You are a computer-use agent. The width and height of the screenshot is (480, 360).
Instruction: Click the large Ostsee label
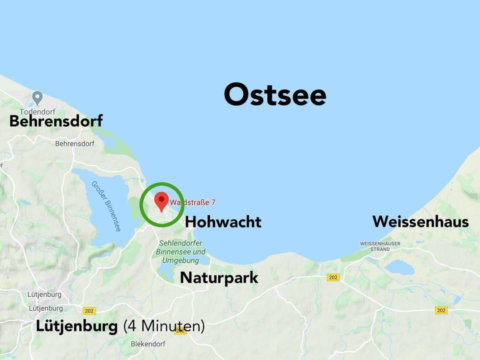click(x=275, y=94)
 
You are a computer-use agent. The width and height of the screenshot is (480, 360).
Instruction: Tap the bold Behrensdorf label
click(x=56, y=121)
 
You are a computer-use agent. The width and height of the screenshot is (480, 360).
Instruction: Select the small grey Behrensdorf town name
click(x=74, y=143)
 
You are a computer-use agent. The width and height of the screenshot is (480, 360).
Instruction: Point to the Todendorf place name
click(x=37, y=111)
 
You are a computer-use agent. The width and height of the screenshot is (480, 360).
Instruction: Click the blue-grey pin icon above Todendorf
click(x=37, y=96)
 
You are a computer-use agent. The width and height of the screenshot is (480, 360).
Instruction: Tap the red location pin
click(x=161, y=201)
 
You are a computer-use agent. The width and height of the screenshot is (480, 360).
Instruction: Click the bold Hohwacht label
click(x=223, y=221)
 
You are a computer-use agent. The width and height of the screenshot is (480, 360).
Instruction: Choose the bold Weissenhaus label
click(x=420, y=221)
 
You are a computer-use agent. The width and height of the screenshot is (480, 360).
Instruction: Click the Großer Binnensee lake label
click(x=106, y=205)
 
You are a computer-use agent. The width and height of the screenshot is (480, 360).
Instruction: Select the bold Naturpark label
click(x=219, y=277)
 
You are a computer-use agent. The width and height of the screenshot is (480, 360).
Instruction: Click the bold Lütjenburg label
click(x=76, y=326)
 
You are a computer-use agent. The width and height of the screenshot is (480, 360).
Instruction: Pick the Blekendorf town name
click(x=147, y=344)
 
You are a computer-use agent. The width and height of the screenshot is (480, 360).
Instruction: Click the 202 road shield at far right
click(x=440, y=310)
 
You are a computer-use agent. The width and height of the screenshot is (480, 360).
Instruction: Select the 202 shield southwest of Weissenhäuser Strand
click(x=333, y=277)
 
